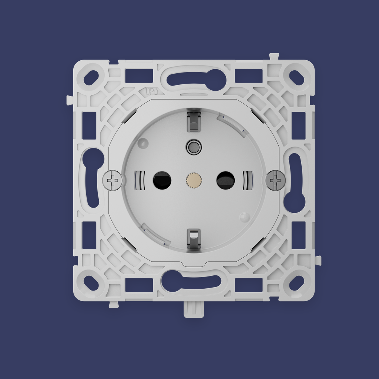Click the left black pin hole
pyautogui.click(x=162, y=180)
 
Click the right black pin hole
pyautogui.click(x=225, y=180)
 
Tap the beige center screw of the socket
pyautogui.click(x=194, y=180)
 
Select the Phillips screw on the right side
pyautogui.click(x=275, y=180)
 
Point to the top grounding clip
pyautogui.click(x=194, y=120)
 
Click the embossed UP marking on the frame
pyautogui.click(x=151, y=91)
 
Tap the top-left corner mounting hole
pyautogui.click(x=91, y=78)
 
